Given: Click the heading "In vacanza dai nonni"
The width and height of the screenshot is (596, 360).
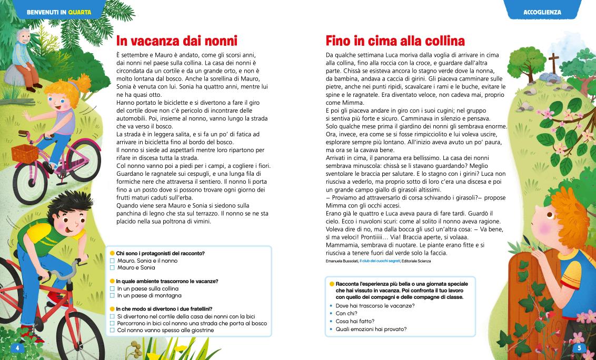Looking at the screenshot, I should click(177, 41).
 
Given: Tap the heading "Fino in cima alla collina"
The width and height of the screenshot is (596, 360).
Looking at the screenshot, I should click(395, 41).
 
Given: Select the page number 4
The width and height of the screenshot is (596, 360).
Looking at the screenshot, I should click(17, 348).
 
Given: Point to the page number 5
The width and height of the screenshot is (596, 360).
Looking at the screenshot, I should click(579, 348).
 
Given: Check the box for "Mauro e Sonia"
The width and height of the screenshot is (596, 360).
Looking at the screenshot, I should click(112, 267).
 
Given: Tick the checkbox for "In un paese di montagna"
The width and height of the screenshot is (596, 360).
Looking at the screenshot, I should click(112, 295).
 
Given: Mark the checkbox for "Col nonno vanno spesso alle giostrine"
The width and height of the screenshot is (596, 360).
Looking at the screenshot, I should click(112, 330).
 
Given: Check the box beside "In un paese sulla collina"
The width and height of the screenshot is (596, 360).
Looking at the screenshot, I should click(112, 288).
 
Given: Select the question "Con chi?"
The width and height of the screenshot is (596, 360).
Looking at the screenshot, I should click(345, 313).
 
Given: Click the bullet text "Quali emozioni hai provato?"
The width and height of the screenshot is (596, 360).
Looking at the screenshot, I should click(371, 329).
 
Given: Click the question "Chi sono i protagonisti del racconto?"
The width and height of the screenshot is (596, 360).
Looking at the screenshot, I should click(160, 253).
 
